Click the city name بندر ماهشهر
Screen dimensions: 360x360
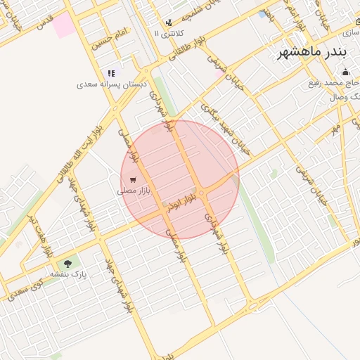[x=311, y=53]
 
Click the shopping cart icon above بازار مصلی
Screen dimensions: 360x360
[x=134, y=179]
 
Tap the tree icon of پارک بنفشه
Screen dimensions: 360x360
[x=67, y=264]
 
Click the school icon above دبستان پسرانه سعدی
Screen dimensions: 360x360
[x=110, y=73]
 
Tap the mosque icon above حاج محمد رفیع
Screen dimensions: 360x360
[x=345, y=72]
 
